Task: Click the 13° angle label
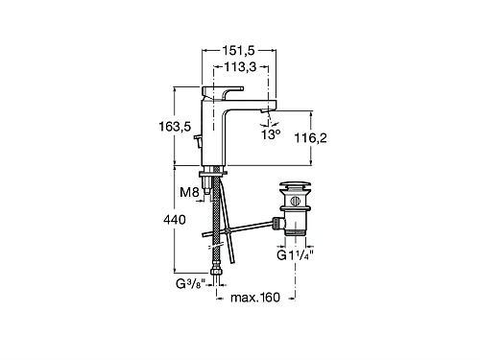[x=273, y=135]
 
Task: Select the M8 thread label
[x=191, y=192]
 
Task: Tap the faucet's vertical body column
[x=216, y=134]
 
